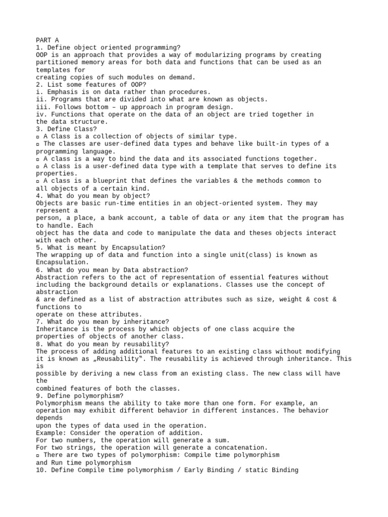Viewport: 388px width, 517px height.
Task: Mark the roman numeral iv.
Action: [x=40, y=114]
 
